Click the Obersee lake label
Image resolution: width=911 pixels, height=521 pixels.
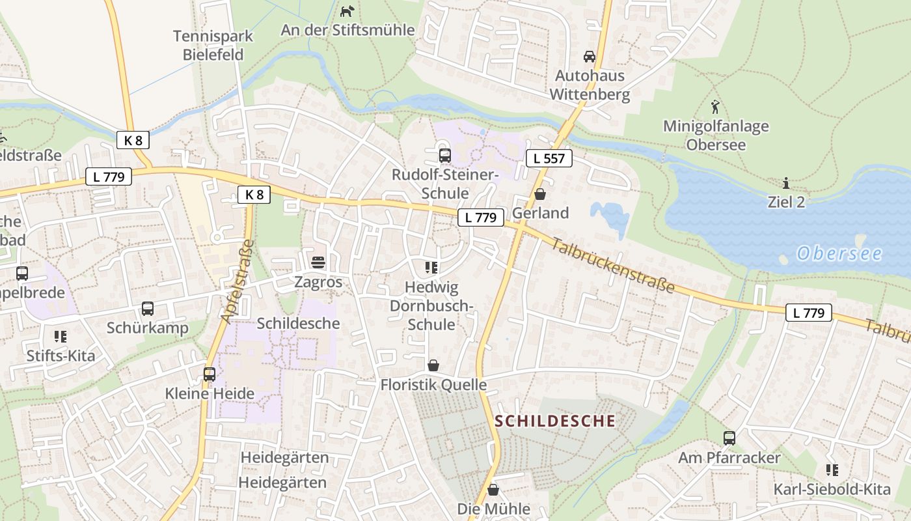[x=839, y=253]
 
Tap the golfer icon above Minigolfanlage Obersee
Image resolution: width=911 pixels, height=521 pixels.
[x=716, y=106]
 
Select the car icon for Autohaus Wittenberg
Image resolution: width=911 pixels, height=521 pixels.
[x=590, y=57]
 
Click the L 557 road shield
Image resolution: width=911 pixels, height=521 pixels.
[x=549, y=158]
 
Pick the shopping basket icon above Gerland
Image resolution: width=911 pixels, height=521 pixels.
[x=539, y=194]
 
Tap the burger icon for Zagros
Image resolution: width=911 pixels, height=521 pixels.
[x=318, y=262]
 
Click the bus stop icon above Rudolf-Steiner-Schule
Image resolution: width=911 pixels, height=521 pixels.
[x=445, y=156]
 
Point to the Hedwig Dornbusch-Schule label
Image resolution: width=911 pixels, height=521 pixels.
[x=431, y=305]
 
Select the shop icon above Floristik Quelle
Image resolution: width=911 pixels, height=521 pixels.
[x=433, y=366]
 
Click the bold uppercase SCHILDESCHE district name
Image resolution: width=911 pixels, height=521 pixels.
[x=555, y=421]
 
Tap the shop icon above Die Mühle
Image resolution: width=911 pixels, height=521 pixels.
[x=493, y=490]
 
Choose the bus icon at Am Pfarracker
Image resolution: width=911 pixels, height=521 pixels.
[x=729, y=438]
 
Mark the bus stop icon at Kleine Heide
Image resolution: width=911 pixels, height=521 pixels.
[x=210, y=374]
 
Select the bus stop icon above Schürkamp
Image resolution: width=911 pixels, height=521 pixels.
[x=148, y=309]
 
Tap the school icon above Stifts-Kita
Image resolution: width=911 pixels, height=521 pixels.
[x=61, y=337]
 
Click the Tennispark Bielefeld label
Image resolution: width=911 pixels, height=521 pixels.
[x=213, y=46]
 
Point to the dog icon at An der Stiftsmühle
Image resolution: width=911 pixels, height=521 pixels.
[x=348, y=11]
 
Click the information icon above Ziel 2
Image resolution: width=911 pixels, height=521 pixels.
[x=786, y=183]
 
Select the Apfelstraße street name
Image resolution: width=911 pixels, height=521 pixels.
[x=236, y=281]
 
